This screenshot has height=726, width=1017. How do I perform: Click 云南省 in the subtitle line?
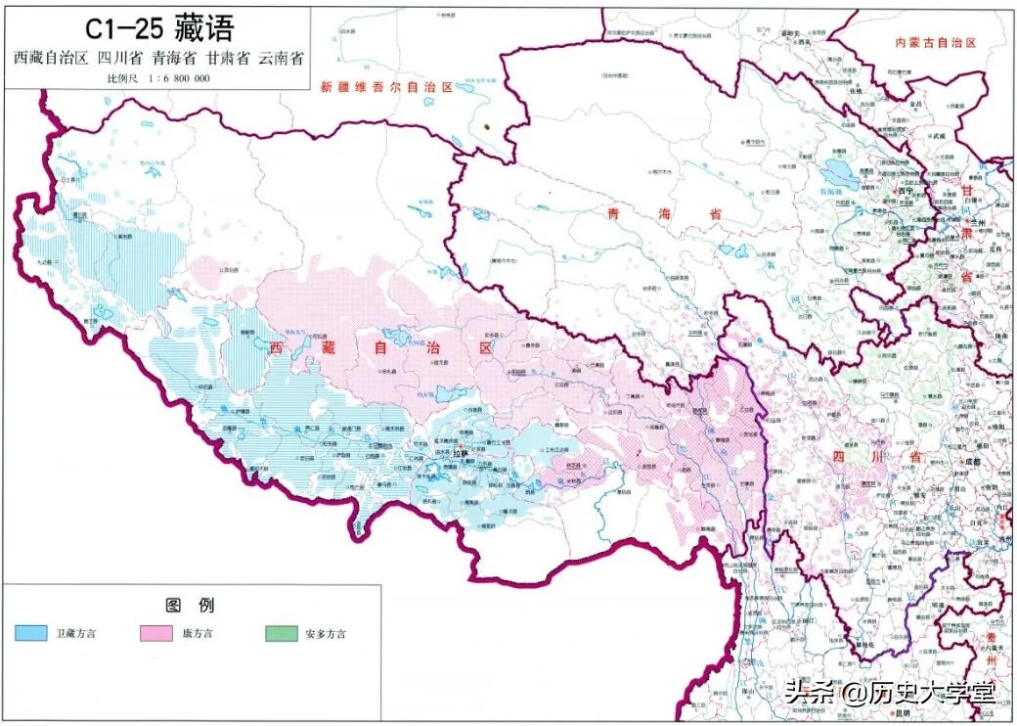pyautogui.click(x=281, y=57)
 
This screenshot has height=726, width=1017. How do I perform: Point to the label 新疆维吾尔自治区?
pyautogui.click(x=388, y=87)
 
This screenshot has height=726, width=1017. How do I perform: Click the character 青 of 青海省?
pyautogui.click(x=613, y=212)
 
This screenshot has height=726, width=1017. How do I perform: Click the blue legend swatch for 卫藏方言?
pyautogui.click(x=31, y=633)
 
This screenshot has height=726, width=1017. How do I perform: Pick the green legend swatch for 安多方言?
pyautogui.click(x=281, y=633)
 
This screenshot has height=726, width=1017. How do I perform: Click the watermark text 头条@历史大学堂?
pyautogui.click(x=890, y=693)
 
